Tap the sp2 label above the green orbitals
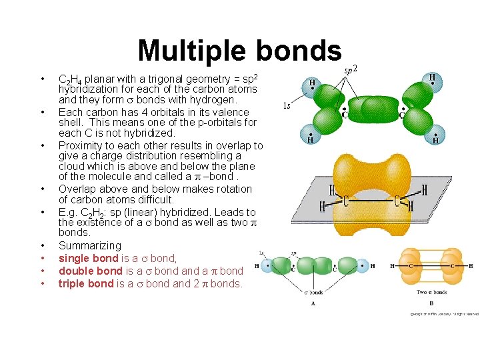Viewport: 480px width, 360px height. coord(351,68)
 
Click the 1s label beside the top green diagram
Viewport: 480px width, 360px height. coord(286,105)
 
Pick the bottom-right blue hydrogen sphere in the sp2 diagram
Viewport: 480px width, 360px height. coord(435,135)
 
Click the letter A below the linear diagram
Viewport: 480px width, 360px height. coord(313,303)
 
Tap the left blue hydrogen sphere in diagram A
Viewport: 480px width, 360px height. coord(267,266)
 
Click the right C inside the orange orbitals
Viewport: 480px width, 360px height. coord(451,266)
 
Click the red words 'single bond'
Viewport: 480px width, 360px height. coord(87,258)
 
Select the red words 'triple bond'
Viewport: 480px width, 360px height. coord(86,283)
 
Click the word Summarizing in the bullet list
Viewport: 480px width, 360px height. coord(90,245)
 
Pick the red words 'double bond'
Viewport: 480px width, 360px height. coord(90,271)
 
